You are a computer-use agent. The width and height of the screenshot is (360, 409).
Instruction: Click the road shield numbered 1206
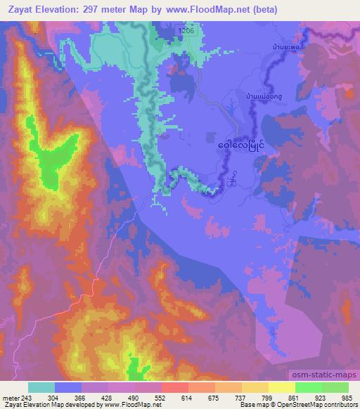click(186, 31)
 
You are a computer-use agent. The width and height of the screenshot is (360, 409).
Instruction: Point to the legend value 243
click(27, 397)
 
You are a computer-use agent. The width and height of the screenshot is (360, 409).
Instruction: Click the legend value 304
click(56, 397)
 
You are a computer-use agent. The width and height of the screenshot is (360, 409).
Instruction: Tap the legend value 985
click(347, 397)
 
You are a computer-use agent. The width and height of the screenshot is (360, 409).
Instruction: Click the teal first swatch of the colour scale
click(41, 387)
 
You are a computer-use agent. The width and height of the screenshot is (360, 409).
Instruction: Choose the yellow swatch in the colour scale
click(281, 387)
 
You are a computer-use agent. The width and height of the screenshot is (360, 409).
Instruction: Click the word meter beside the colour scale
click(11, 397)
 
